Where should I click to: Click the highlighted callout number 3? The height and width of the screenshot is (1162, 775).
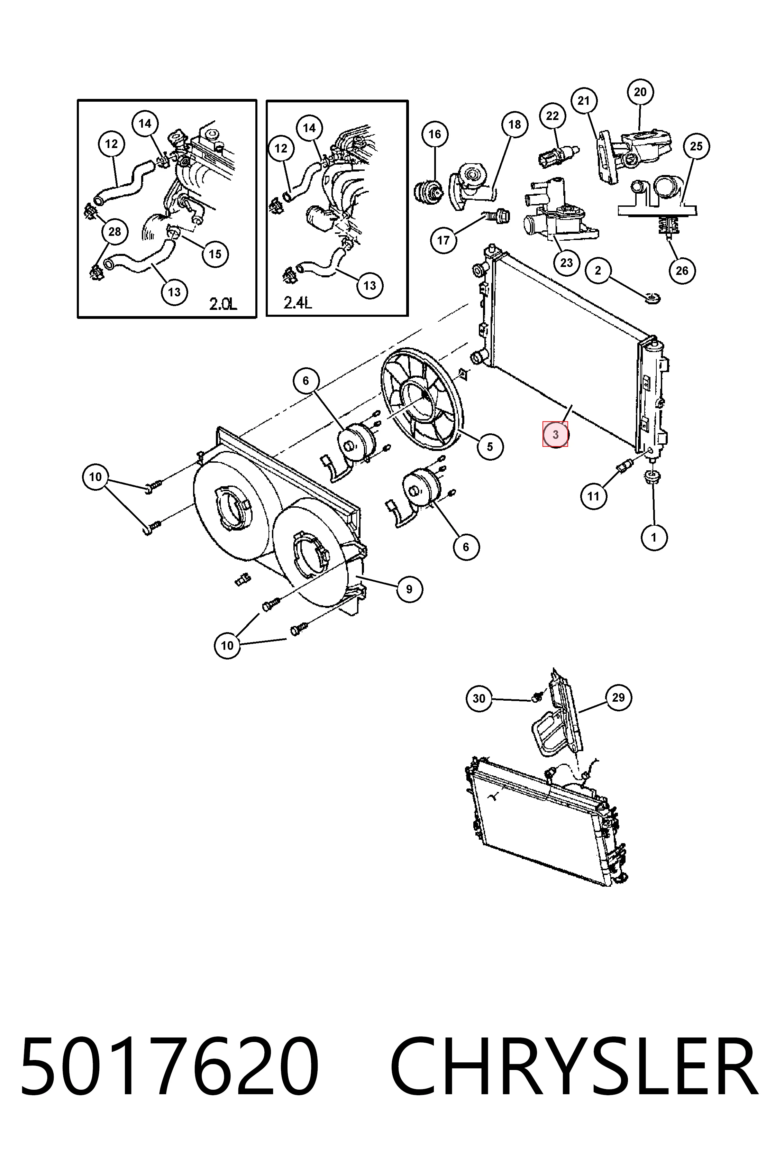point(555,434)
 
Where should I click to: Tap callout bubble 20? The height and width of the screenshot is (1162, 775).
point(640,92)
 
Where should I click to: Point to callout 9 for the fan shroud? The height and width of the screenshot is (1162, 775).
point(409,589)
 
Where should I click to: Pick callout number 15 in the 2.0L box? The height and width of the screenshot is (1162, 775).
point(215,254)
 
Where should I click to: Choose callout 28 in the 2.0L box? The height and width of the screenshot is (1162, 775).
point(115,232)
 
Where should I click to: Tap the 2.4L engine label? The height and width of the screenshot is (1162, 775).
point(298,302)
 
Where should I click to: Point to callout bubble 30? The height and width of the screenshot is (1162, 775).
point(479,699)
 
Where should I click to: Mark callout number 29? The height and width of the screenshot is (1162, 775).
point(618,698)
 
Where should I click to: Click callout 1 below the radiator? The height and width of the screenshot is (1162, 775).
point(654,537)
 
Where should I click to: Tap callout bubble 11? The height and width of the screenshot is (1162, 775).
point(593,496)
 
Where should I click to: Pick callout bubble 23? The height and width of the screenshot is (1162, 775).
point(566,262)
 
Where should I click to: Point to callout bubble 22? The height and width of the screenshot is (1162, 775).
point(552,116)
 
